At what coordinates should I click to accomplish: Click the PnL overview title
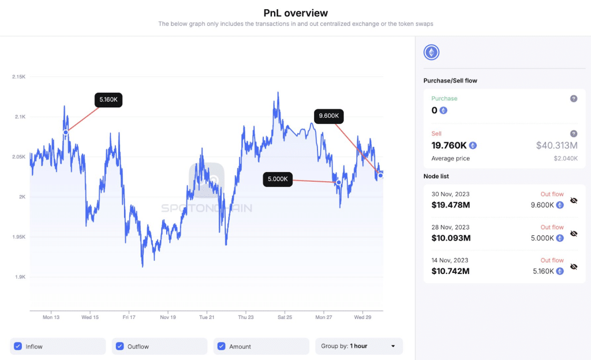(295, 13)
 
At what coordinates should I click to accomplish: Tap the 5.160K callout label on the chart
(109, 100)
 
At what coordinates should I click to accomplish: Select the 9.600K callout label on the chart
(328, 116)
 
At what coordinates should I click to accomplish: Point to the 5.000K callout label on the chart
(278, 179)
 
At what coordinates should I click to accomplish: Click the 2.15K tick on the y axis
(18, 77)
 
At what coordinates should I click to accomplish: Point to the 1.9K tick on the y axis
(20, 277)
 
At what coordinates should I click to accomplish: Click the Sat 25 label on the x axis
(285, 317)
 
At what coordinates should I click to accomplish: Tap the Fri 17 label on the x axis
(129, 317)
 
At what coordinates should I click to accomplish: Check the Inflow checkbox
(17, 346)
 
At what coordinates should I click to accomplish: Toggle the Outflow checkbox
(119, 346)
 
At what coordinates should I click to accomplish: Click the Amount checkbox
(221, 346)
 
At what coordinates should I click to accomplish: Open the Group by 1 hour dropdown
(358, 346)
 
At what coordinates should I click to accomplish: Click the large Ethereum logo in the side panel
(431, 53)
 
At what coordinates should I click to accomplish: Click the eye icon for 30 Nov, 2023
(574, 200)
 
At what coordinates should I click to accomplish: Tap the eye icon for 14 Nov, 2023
(574, 267)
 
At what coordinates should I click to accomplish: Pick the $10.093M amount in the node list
(451, 238)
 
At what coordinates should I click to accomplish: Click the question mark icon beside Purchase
(574, 99)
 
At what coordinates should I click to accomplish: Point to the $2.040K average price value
(566, 158)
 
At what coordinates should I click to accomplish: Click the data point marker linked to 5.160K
(66, 132)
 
